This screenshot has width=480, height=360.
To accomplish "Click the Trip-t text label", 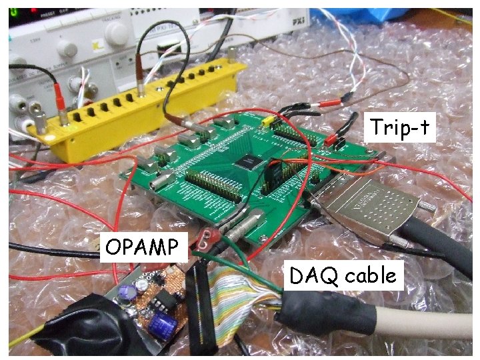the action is pos(399,127).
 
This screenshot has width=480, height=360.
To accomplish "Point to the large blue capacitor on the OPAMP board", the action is pos(163,326).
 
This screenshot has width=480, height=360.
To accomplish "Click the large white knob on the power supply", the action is pos(113,29).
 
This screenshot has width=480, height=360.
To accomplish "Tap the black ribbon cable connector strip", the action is pos(197,307).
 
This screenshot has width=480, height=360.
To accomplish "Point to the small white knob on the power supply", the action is pos(66,48).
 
